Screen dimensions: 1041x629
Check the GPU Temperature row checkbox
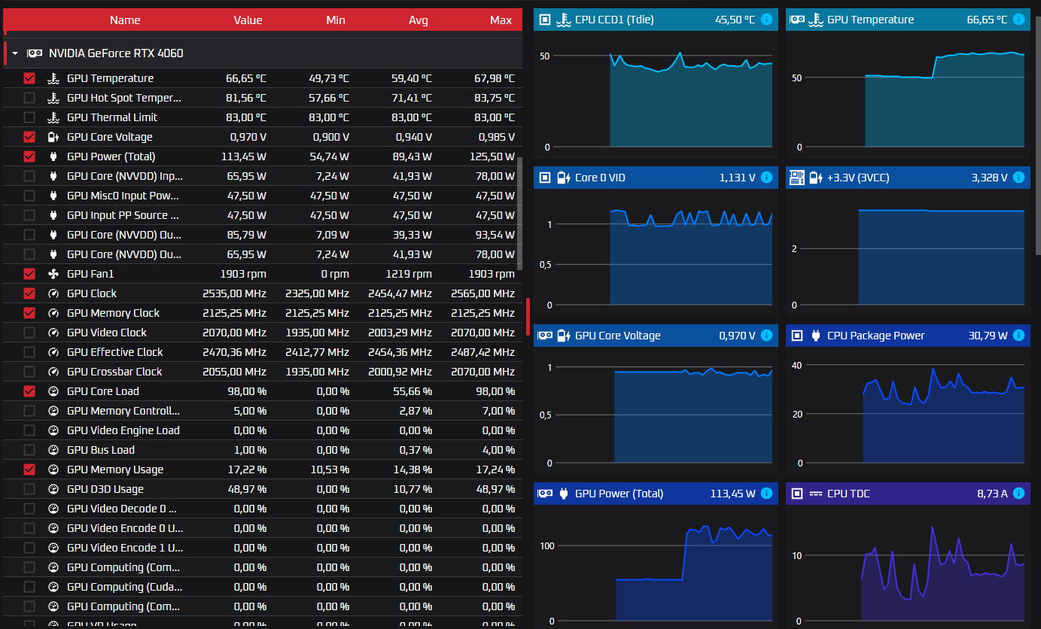[x=29, y=78]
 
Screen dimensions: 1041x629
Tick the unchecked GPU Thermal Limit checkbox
[x=29, y=117]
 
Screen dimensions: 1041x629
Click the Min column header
[x=336, y=20]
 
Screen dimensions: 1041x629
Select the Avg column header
[x=419, y=20]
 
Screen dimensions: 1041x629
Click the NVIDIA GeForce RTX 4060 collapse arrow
[x=15, y=53]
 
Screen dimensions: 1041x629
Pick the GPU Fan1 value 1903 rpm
[x=243, y=274]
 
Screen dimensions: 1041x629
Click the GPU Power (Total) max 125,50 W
[x=492, y=156]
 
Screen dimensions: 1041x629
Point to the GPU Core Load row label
[x=102, y=391]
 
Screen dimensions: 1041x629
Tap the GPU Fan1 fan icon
[x=53, y=274]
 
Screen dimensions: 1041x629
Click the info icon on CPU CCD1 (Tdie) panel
[x=767, y=20]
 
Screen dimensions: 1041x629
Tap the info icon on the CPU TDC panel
[x=1018, y=494]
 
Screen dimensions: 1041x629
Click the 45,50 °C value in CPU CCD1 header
[x=735, y=20]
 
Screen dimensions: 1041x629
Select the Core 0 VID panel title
[x=600, y=178]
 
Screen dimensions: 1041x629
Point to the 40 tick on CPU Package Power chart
[x=796, y=365]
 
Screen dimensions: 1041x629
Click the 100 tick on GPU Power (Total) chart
[x=547, y=545]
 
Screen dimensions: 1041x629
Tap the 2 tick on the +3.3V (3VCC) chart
[x=794, y=248]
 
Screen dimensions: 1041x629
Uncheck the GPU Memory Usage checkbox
[x=29, y=469]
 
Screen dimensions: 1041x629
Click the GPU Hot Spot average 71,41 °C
[x=411, y=98]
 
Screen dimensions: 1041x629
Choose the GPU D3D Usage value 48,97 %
[x=247, y=489]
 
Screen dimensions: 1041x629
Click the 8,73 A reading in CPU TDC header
[x=992, y=494]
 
